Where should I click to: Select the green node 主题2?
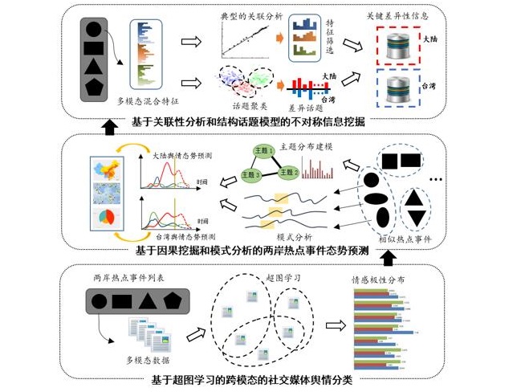[285, 173]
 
